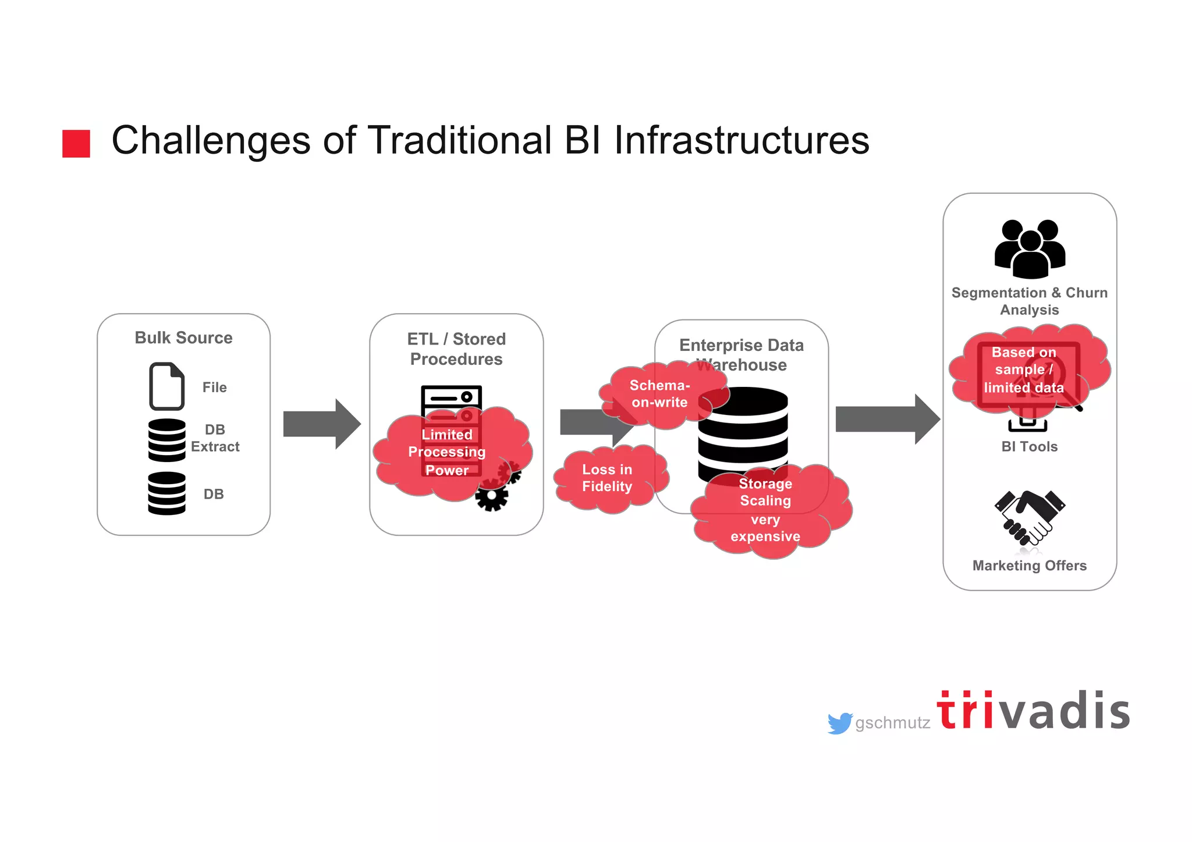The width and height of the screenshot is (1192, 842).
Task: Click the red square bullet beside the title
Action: click(76, 143)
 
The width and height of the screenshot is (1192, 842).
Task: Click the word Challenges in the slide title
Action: click(211, 141)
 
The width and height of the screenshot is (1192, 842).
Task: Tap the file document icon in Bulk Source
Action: click(166, 386)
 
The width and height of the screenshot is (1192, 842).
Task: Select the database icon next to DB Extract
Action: click(166, 440)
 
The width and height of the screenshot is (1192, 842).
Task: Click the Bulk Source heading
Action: click(183, 337)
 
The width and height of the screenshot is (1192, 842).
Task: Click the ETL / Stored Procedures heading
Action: click(456, 349)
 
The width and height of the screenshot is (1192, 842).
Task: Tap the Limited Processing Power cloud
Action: click(447, 452)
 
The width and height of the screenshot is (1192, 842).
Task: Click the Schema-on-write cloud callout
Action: click(659, 394)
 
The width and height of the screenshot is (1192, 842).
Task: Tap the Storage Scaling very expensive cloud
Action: click(765, 510)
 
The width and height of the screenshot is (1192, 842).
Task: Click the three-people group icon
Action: click(1030, 249)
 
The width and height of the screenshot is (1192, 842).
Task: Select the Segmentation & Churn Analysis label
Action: click(1029, 301)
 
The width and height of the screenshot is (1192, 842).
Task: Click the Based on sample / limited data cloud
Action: click(1024, 370)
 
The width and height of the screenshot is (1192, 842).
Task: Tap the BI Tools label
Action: click(1029, 446)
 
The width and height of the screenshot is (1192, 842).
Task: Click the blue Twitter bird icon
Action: click(839, 723)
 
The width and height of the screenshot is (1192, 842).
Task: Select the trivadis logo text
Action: click(1033, 711)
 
